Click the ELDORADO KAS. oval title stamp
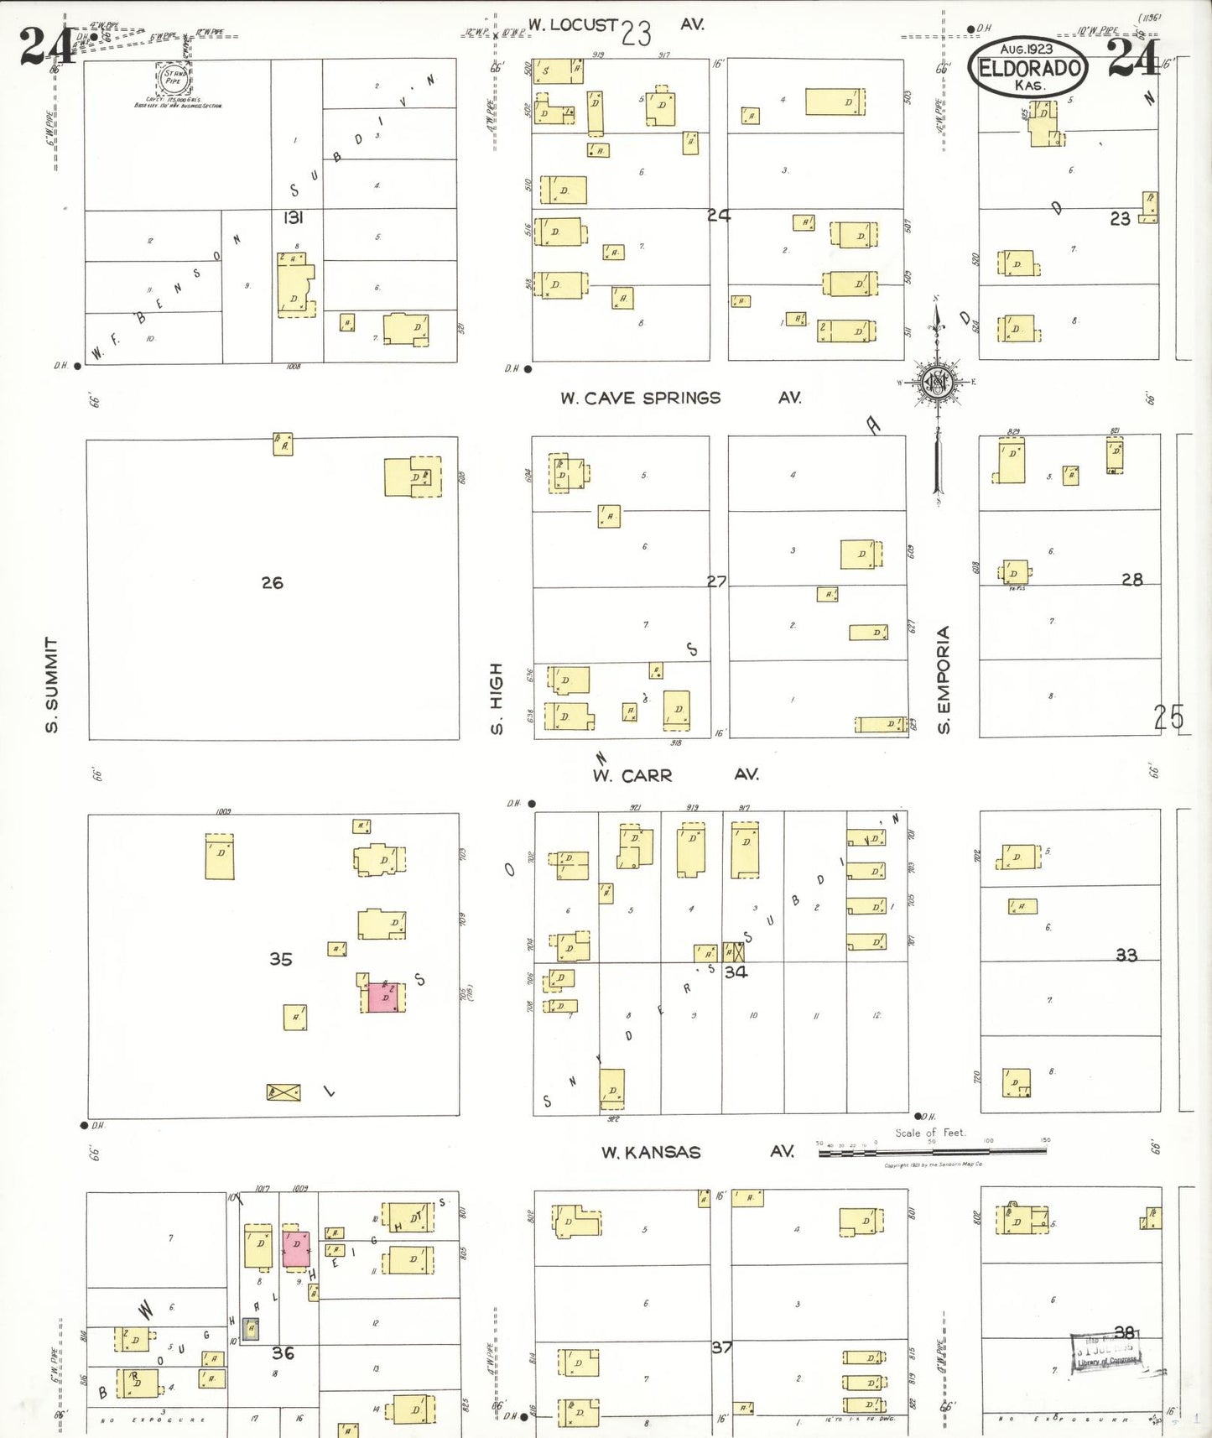[1027, 69]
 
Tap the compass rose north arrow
[937, 383]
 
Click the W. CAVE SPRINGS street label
[641, 398]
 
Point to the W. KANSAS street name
[651, 1152]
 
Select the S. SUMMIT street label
[52, 684]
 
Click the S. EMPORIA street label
[944, 680]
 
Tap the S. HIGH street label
[497, 698]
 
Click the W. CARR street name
[632, 775]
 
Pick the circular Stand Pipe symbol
[174, 78]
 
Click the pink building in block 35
[384, 996]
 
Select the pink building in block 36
[296, 1248]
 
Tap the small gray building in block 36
[250, 1329]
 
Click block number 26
[272, 582]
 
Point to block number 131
[293, 217]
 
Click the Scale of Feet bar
[933, 1151]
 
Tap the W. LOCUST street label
[573, 25]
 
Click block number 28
[1131, 579]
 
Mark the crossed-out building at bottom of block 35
[283, 1092]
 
